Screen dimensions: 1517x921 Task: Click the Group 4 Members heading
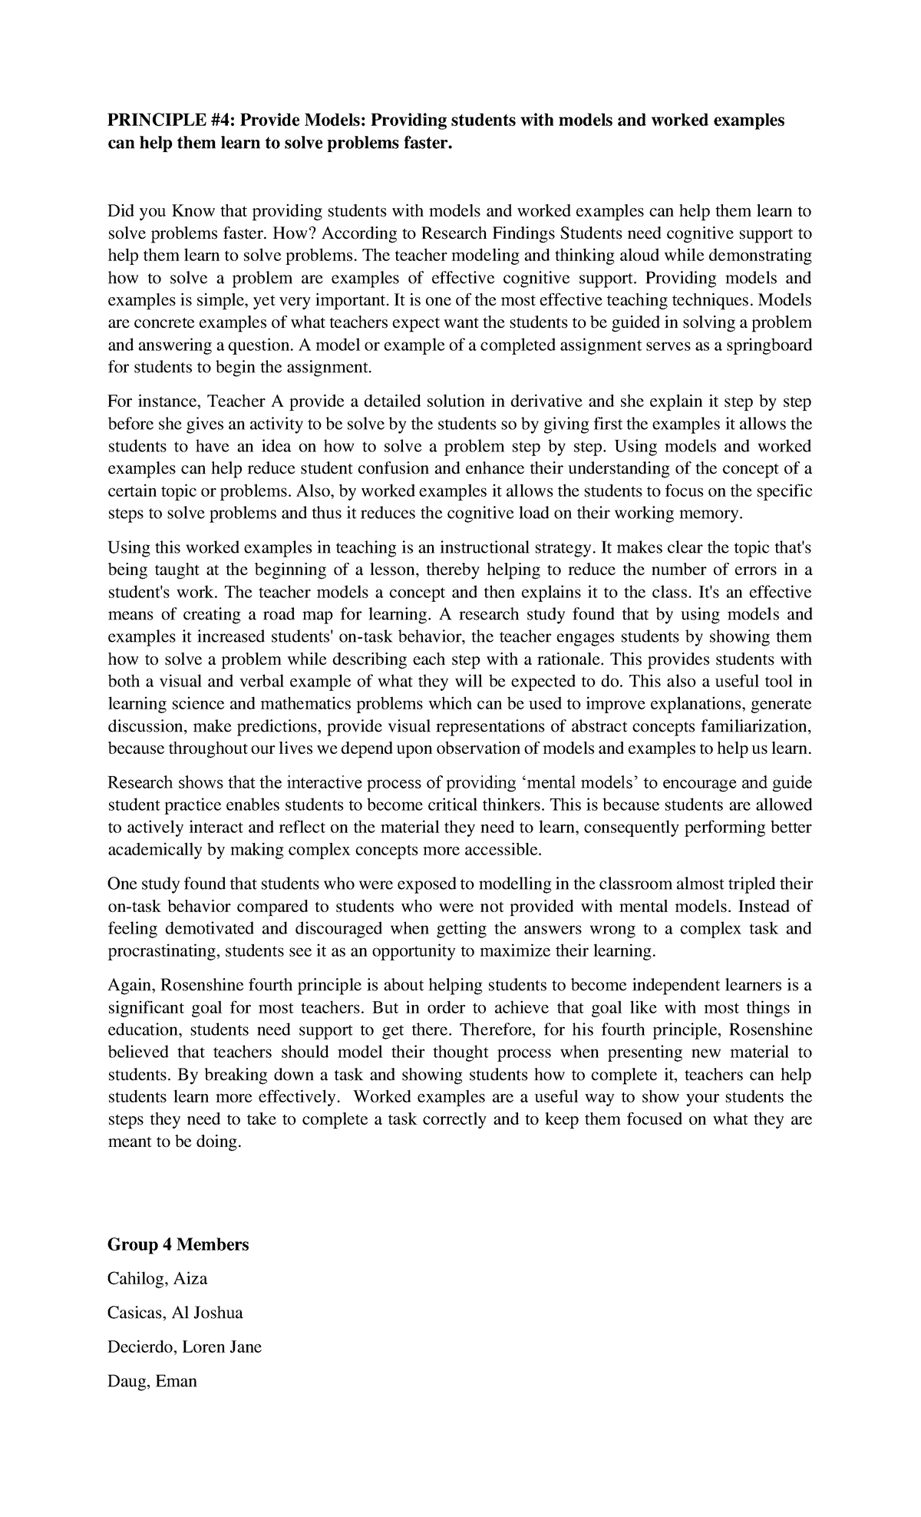[x=178, y=1244]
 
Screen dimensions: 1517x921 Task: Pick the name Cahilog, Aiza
[x=157, y=1279]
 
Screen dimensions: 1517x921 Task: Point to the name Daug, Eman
[x=152, y=1381]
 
